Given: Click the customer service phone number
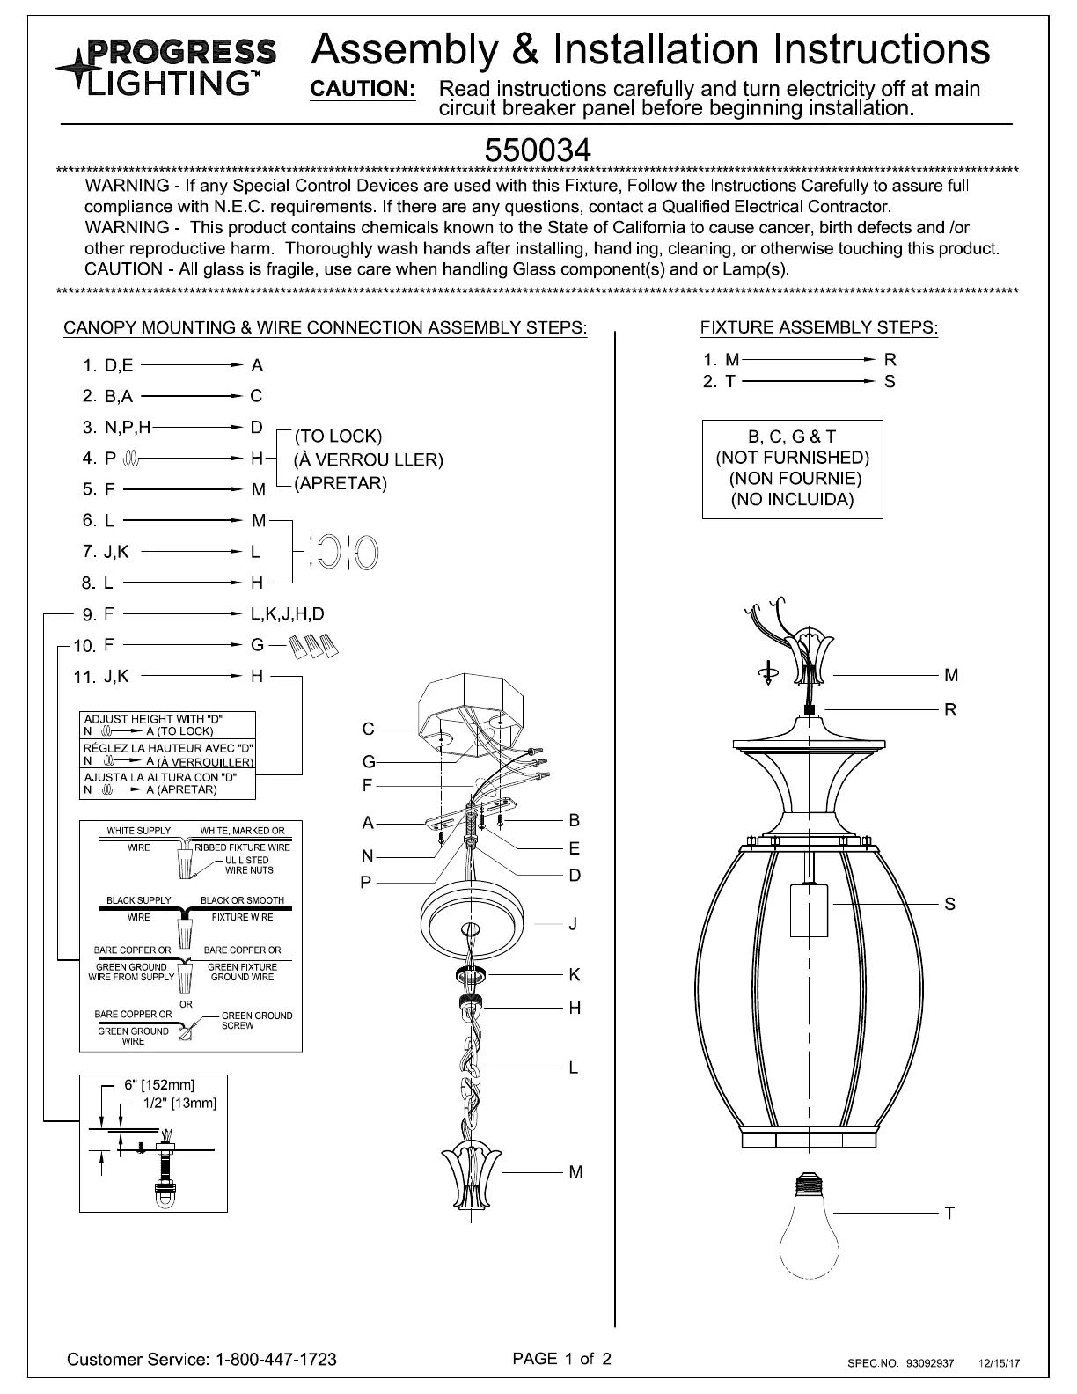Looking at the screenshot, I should [x=276, y=1359].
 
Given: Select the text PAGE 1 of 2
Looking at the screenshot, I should [x=562, y=1358].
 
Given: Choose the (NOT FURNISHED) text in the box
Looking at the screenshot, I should [x=792, y=458].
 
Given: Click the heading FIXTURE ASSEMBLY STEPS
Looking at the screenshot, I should [x=819, y=328].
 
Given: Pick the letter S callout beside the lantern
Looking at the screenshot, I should [x=949, y=904].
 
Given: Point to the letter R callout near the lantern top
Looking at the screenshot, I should [x=950, y=709].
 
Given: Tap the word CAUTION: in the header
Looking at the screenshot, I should [x=363, y=90].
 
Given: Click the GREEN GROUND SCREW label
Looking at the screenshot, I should [x=256, y=1020].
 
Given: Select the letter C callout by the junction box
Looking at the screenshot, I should [x=368, y=729].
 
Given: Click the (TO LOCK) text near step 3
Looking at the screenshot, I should [x=338, y=437].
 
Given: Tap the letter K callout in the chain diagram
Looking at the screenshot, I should [x=575, y=974].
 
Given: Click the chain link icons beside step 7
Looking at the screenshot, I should [x=343, y=553].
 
